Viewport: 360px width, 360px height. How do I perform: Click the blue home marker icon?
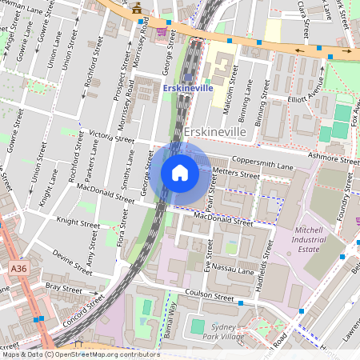click(180, 173)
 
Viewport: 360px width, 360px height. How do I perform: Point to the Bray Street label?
click(64, 286)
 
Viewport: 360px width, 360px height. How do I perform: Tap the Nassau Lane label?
click(232, 271)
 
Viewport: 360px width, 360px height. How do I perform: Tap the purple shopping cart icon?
click(162, 30)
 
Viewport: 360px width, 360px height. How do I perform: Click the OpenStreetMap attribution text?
click(80, 354)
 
